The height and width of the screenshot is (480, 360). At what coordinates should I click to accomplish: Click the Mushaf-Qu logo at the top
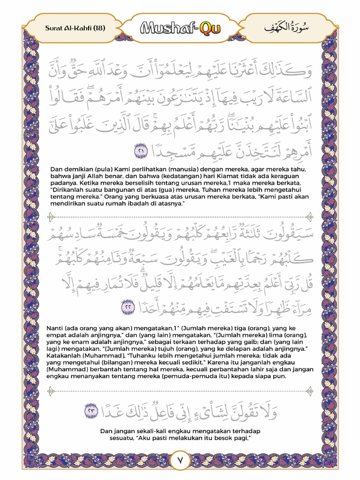[x=180, y=29]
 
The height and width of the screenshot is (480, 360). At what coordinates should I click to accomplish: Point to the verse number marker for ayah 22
[x=128, y=307]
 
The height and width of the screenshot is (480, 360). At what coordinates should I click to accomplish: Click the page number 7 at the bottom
[x=180, y=460]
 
